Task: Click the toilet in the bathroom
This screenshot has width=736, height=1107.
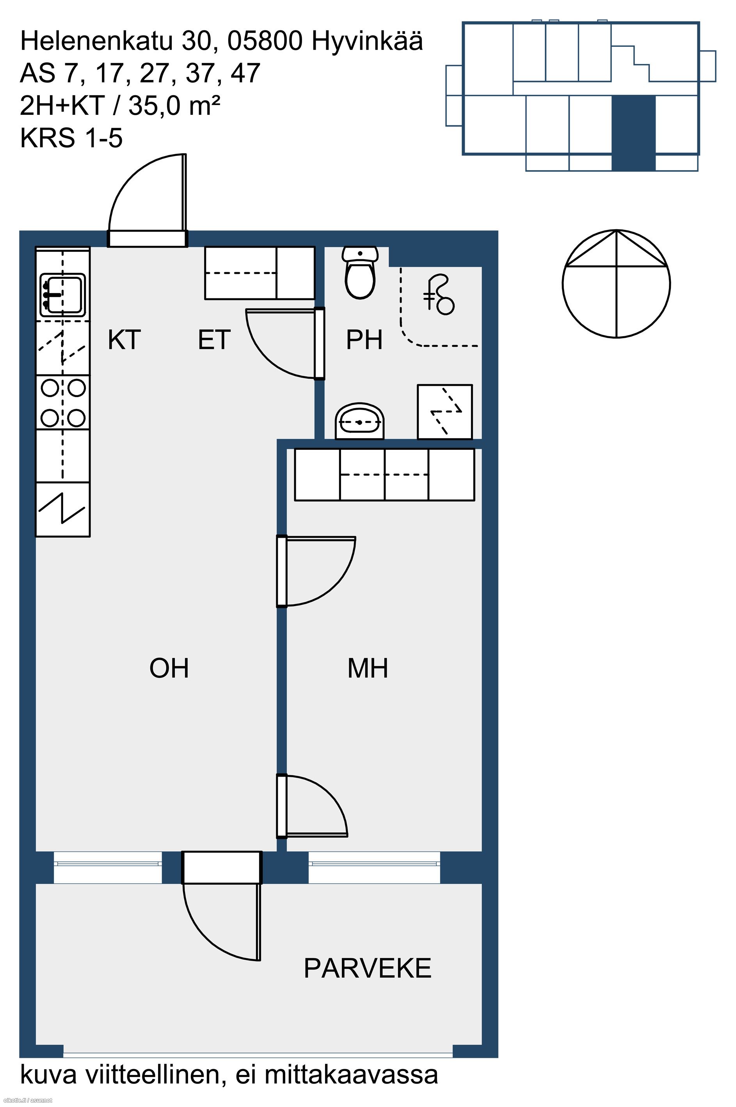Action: [x=360, y=273]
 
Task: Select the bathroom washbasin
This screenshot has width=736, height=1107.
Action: [x=359, y=421]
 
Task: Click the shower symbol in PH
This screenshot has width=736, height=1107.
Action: [x=439, y=294]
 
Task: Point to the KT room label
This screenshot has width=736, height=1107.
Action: [x=124, y=340]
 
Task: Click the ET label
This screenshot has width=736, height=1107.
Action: [x=214, y=340]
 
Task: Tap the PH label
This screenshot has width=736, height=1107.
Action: [x=364, y=340]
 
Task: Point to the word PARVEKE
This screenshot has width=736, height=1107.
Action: [x=368, y=968]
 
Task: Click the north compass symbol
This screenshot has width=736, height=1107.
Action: [x=616, y=283]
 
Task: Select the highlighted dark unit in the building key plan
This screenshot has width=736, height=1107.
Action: [x=634, y=133]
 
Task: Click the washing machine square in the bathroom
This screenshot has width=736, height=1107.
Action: [x=445, y=412]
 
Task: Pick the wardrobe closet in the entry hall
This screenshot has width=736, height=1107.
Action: [x=260, y=273]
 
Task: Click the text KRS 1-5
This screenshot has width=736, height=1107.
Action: [x=71, y=138]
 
